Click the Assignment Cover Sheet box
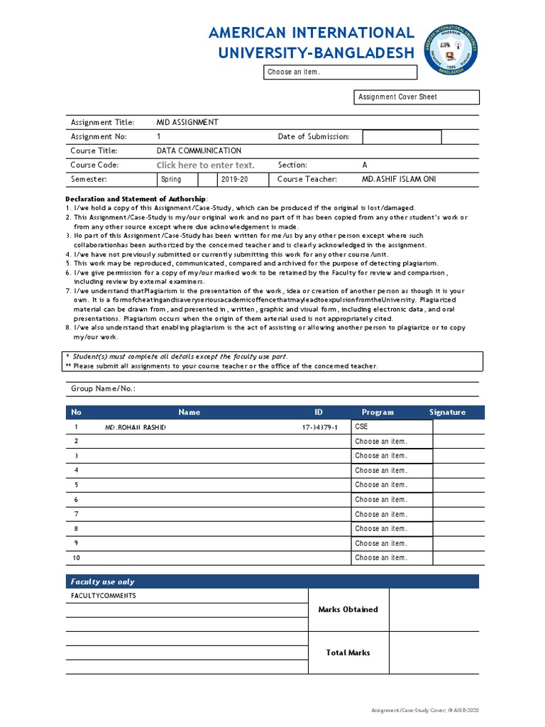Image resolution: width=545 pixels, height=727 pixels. pyautogui.click(x=417, y=97)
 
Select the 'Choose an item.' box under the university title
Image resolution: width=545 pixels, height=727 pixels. pyautogui.click(x=341, y=72)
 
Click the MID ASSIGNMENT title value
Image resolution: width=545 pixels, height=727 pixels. pyautogui.click(x=187, y=122)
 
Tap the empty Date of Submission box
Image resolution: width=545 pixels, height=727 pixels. pyautogui.click(x=402, y=137)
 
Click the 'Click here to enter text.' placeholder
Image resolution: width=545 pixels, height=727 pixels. pyautogui.click(x=205, y=165)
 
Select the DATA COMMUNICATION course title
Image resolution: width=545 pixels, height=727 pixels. pyautogui.click(x=199, y=151)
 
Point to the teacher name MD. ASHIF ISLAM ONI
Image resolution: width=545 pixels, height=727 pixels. pyautogui.click(x=399, y=180)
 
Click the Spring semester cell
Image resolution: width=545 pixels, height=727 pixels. pyautogui.click(x=171, y=180)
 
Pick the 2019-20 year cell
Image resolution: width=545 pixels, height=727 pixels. pyautogui.click(x=234, y=180)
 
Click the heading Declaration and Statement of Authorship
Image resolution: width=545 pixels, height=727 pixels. pyautogui.click(x=136, y=199)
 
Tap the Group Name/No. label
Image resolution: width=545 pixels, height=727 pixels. pyautogui.click(x=103, y=389)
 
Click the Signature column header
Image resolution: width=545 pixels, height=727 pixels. pyautogui.click(x=447, y=412)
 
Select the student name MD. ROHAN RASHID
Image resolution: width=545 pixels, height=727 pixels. pyautogui.click(x=136, y=427)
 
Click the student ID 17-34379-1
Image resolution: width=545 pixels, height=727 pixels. pyautogui.click(x=321, y=427)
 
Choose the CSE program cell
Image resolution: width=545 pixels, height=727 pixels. pyautogui.click(x=391, y=427)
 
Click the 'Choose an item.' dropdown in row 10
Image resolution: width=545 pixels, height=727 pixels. pyautogui.click(x=391, y=558)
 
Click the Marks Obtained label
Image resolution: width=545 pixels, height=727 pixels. pyautogui.click(x=348, y=609)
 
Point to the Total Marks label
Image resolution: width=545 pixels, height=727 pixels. pyautogui.click(x=348, y=652)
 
